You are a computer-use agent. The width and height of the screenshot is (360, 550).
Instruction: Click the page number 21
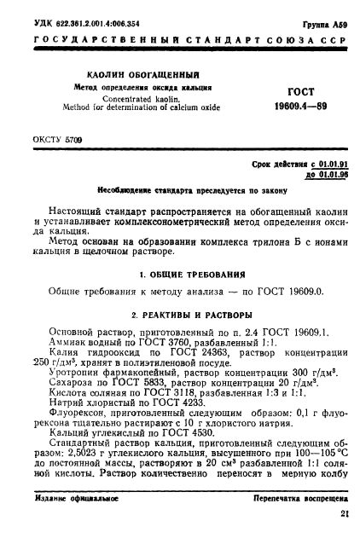tap(344, 537)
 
